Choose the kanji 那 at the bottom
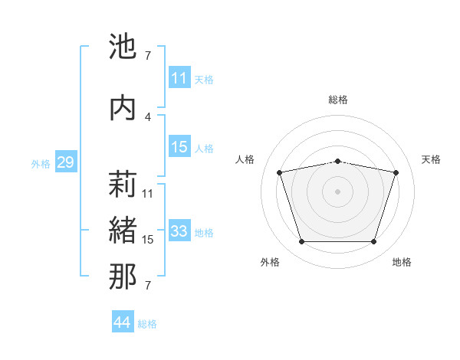(x=123, y=277)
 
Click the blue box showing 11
(x=179, y=78)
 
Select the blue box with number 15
(x=179, y=147)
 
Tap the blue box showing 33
(x=179, y=231)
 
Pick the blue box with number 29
(x=65, y=162)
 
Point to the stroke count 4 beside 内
(x=148, y=116)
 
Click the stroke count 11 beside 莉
(x=148, y=193)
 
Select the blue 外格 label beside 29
(x=41, y=163)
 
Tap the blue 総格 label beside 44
(x=147, y=324)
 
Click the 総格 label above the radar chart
(x=337, y=100)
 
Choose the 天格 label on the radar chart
(x=431, y=159)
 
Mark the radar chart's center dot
(x=337, y=191)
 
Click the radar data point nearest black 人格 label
(x=280, y=173)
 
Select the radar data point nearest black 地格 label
(x=373, y=242)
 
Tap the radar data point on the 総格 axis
(x=337, y=161)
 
